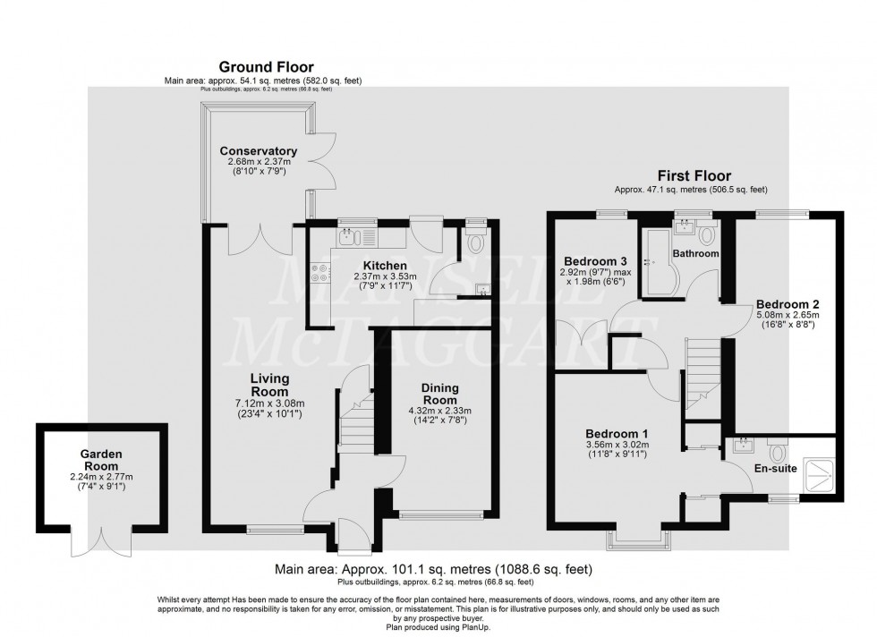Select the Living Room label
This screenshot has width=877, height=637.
pyautogui.click(x=268, y=386)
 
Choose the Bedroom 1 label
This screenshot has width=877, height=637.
pyautogui.click(x=617, y=435)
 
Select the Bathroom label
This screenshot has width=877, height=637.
pyautogui.click(x=696, y=254)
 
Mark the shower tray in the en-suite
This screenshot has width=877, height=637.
pyautogui.click(x=818, y=473)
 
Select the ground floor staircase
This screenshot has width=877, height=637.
pyautogui.click(x=354, y=420)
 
